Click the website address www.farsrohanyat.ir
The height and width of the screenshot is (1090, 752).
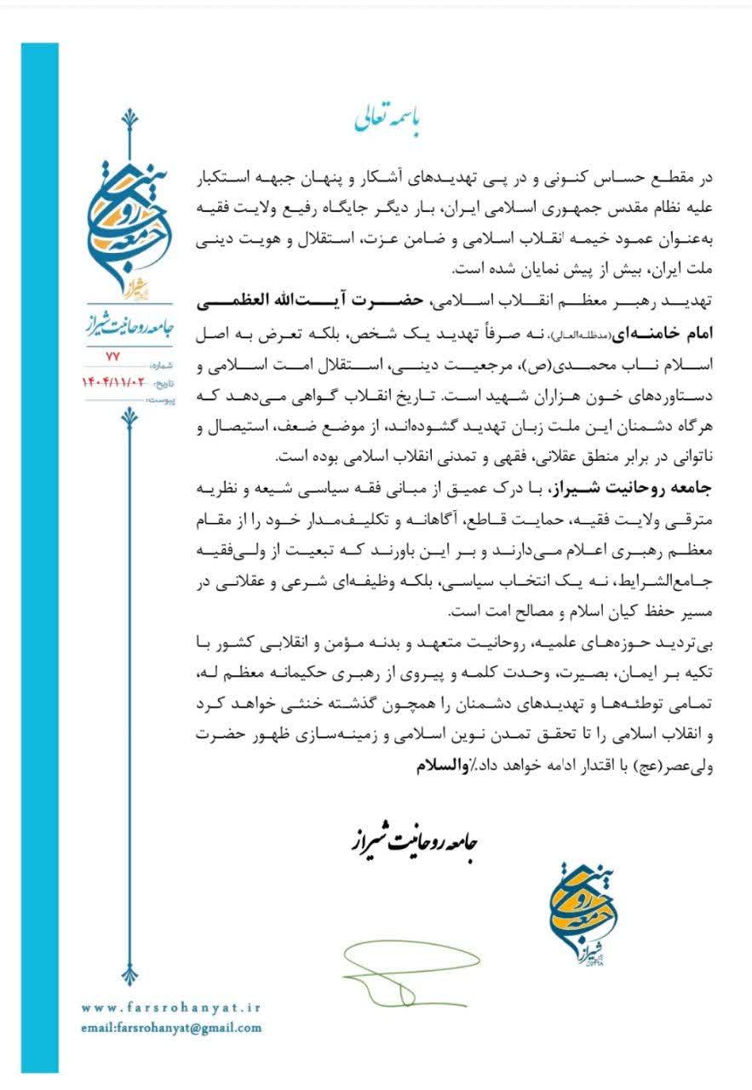171,1007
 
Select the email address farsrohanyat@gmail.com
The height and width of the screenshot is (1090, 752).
171,1028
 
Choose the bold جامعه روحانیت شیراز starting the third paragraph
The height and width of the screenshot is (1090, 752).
656,486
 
